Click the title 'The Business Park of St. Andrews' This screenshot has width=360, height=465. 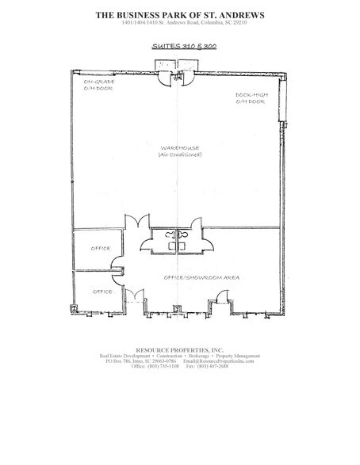[179, 14]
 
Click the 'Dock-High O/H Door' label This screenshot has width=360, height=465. [250, 101]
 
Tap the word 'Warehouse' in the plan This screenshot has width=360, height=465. [178, 148]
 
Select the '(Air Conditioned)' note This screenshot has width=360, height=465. [178, 156]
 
